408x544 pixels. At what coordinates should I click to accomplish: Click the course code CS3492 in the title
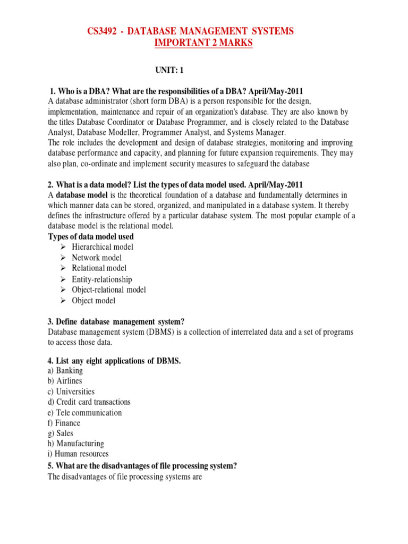point(105,32)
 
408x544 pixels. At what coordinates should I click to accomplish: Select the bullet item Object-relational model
point(108,290)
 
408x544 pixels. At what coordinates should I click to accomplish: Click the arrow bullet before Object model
point(62,301)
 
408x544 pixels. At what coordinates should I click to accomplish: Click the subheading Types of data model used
point(91,236)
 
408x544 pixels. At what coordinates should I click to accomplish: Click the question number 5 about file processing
point(50,466)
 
